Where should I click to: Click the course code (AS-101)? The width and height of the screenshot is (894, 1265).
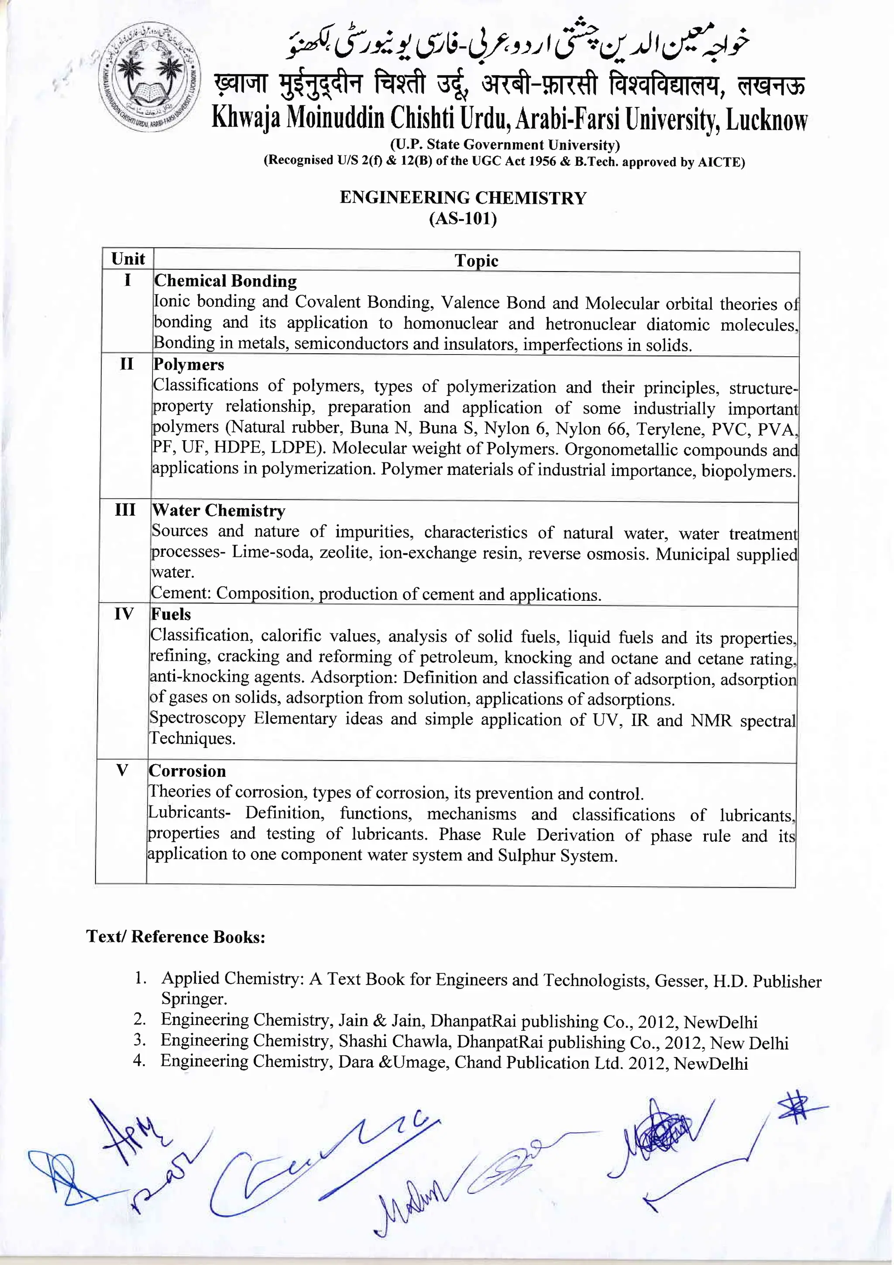463,219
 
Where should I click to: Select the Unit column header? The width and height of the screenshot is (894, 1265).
128,259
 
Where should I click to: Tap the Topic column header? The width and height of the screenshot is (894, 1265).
476,261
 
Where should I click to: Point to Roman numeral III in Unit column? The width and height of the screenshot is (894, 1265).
125,510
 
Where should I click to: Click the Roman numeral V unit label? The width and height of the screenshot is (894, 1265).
122,770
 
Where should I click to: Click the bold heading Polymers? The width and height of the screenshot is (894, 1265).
189,364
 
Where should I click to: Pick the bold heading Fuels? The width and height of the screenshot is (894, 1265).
171,614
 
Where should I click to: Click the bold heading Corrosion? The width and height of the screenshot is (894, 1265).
187,771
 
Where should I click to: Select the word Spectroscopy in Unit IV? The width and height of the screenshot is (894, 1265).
197,718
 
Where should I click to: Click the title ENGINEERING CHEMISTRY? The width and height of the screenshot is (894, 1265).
463,197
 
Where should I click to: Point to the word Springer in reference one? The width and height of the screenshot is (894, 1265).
193,998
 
